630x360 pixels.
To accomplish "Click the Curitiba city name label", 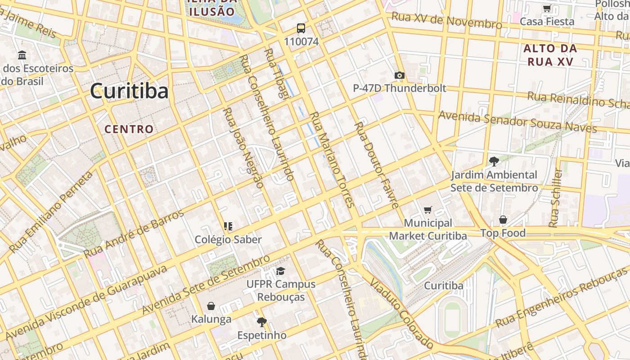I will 129,91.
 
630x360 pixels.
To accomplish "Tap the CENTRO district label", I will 129,129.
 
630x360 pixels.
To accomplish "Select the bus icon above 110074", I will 301,29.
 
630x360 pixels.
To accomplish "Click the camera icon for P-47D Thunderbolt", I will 399,75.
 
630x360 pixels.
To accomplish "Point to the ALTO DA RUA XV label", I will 549,55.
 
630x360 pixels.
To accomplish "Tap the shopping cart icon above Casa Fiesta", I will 547,9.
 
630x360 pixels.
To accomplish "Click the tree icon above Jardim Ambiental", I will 494,162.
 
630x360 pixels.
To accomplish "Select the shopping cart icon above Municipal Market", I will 427,210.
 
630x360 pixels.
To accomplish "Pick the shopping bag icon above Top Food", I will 503,220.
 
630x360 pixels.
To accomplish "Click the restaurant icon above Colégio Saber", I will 228,226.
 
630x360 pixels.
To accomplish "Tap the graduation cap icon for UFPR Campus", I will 280,271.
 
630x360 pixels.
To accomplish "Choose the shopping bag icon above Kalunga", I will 211,306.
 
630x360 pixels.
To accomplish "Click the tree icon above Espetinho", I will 261,322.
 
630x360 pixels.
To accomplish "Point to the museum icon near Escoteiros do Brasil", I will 22,55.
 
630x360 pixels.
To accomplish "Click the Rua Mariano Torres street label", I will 333,160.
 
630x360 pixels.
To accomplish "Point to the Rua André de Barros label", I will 134,234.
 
